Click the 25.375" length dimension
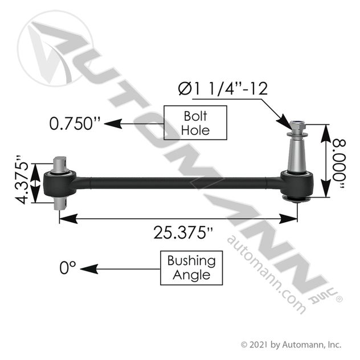point(183,232)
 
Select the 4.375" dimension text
point(22,181)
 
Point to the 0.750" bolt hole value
point(75,124)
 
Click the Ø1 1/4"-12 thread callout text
point(223,89)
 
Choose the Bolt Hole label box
point(195,123)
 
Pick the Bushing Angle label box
point(191,268)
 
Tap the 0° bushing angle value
point(67,268)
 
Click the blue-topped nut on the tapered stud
point(298,125)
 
